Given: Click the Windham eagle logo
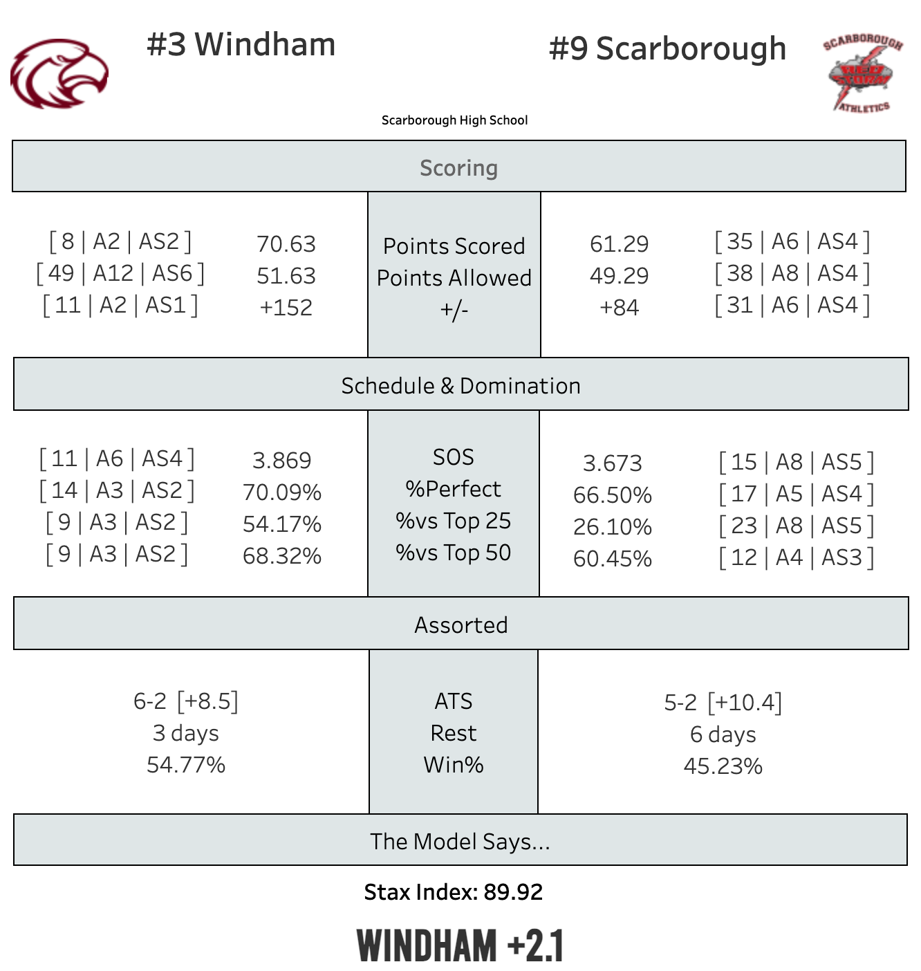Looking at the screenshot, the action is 59,73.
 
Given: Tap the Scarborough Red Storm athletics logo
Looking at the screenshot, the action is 862,73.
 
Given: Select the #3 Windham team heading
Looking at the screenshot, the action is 241,45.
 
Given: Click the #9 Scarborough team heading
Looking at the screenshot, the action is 667,49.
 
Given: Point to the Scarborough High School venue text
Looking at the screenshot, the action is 454,120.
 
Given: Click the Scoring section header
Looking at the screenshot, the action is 458,168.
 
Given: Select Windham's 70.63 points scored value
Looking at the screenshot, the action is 286,244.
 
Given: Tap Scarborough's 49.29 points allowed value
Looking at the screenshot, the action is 619,276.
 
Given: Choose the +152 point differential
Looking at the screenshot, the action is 286,308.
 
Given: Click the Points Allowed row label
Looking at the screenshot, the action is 454,278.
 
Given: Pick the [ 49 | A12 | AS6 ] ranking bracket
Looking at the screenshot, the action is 120,274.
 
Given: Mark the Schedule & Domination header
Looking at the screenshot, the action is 461,386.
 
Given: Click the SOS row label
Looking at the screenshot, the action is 453,457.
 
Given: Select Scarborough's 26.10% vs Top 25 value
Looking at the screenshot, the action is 612,527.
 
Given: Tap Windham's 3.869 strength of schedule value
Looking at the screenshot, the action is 281,461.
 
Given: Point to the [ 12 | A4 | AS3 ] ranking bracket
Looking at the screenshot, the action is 796,557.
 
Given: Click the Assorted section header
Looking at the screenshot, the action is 461,625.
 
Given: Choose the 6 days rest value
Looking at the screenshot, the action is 723,734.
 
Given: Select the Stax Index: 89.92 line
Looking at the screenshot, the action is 453,892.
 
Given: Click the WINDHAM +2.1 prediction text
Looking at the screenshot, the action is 460,946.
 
